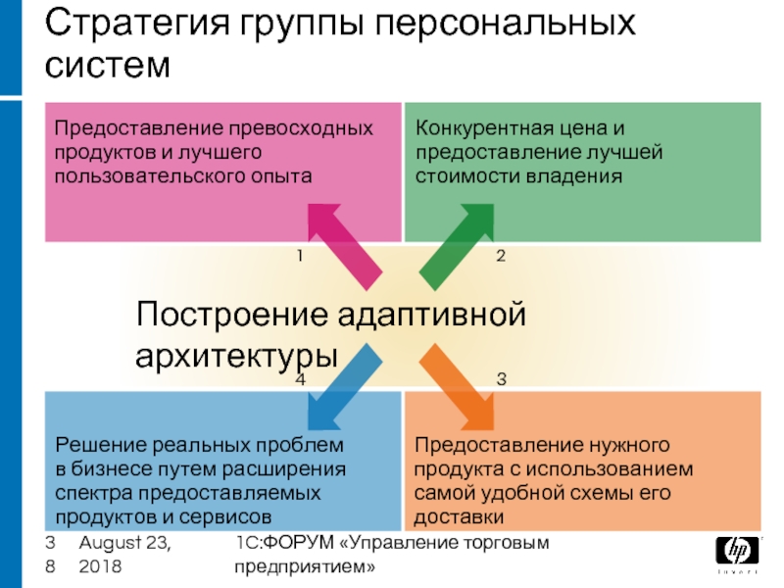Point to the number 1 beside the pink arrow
coord(301,256)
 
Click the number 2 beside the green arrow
coord(501,256)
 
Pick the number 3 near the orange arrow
coord(501,378)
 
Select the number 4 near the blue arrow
coord(301,378)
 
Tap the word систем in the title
coord(108,66)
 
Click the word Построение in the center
coord(229,316)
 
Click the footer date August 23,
coord(122,544)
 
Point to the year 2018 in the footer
coord(100,566)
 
